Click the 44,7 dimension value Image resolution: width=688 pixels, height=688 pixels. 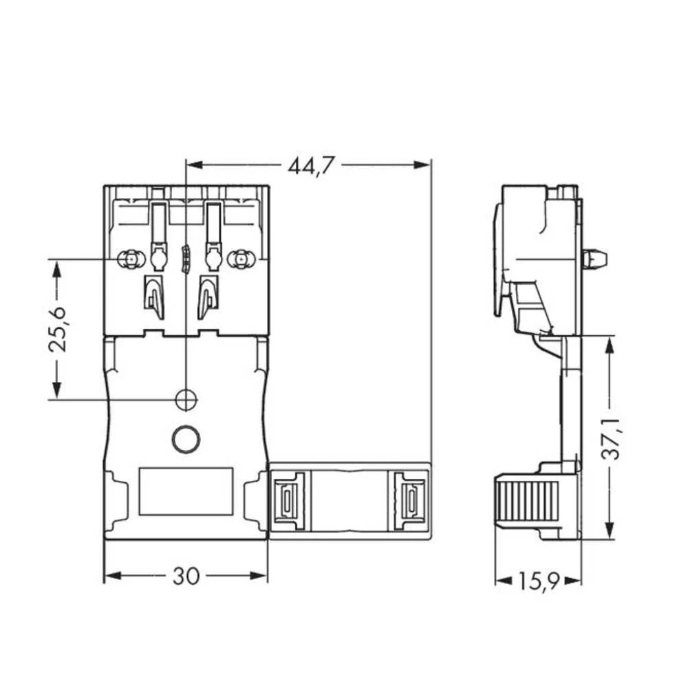(311, 166)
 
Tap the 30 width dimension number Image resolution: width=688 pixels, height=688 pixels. (185, 576)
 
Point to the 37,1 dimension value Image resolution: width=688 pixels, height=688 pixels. (610, 438)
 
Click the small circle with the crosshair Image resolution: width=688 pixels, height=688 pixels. (186, 399)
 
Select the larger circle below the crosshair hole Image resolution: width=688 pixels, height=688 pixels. (185, 439)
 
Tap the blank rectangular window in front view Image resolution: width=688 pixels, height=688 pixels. (186, 491)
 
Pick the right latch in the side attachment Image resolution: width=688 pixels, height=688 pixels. (411, 500)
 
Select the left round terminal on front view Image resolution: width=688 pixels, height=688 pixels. (128, 259)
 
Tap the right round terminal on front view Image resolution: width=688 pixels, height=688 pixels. (240, 259)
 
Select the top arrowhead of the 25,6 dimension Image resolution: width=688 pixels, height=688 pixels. (57, 268)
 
